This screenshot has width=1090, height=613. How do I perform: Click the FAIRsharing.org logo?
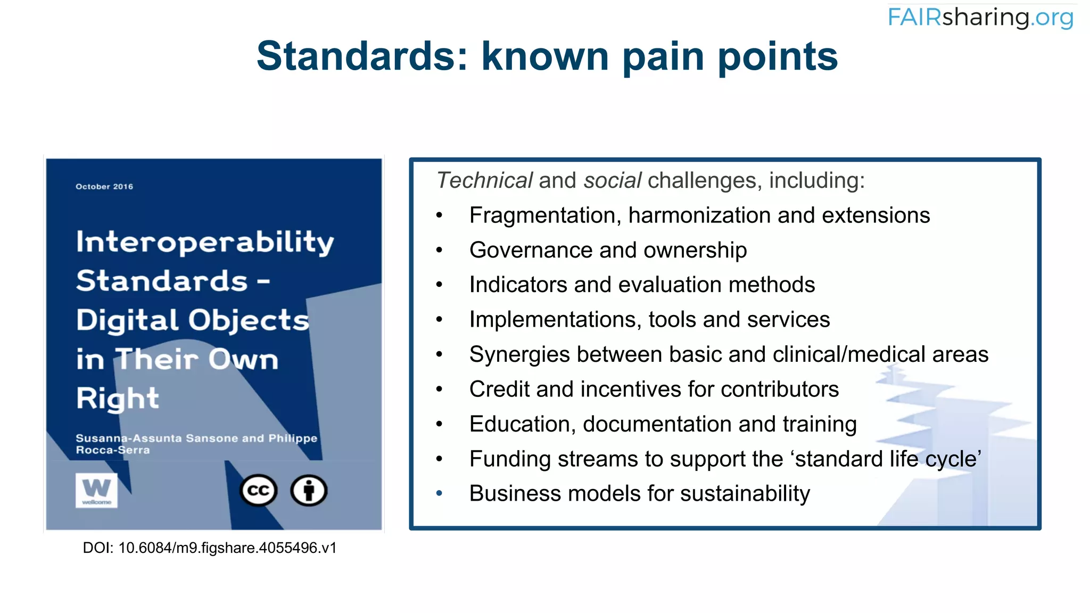[x=980, y=18]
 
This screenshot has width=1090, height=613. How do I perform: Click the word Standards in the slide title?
[x=361, y=56]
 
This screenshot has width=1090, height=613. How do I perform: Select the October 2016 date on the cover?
[x=104, y=187]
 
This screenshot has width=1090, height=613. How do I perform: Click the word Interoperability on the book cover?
[x=205, y=242]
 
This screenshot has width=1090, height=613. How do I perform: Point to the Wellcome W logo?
[x=96, y=490]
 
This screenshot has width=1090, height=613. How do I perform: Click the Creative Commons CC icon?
[x=259, y=490]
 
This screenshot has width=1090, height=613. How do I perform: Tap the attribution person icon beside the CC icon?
[x=309, y=490]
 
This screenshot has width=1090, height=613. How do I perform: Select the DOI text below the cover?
[x=210, y=548]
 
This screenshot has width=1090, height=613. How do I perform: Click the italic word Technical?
[x=484, y=180]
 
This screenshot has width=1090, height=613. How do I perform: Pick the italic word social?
[x=612, y=180]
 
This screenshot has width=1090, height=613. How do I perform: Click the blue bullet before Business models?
[x=439, y=494]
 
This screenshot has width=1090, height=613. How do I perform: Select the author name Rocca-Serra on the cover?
[x=113, y=450]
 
